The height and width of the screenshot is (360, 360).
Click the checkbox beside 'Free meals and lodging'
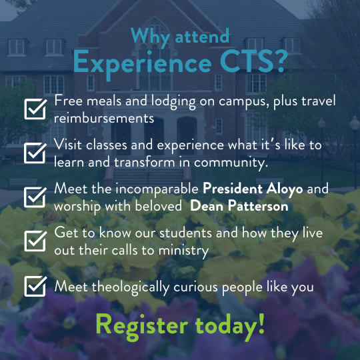[x=35, y=109]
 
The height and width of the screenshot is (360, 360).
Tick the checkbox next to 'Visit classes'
[x=35, y=153]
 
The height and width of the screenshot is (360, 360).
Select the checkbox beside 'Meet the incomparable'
[x=35, y=197]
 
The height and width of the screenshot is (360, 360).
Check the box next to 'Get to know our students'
[x=35, y=241]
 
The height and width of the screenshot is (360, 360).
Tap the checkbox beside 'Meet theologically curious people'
[x=35, y=286]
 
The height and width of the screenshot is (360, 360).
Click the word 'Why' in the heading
[x=151, y=37]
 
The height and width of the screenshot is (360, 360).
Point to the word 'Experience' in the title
[x=143, y=63]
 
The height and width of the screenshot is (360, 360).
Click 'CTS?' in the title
[x=254, y=61]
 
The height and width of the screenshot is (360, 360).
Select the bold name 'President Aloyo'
[x=253, y=189]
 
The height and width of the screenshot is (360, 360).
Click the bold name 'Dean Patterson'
[x=239, y=206]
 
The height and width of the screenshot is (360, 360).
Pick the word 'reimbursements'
[x=104, y=118]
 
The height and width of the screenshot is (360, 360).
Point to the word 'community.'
[x=231, y=163]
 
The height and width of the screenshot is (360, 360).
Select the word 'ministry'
[x=183, y=251]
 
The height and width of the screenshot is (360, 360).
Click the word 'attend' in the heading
[x=202, y=36]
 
